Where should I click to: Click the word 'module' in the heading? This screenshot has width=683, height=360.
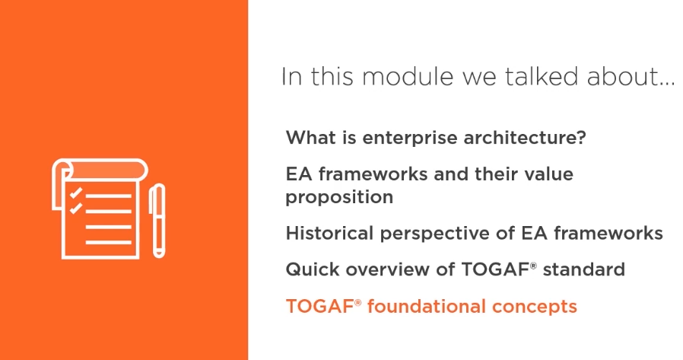click(408, 76)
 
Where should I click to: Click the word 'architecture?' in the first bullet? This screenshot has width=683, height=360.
click(525, 138)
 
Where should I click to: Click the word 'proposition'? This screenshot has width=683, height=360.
click(339, 197)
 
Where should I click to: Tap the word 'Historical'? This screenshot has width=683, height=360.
click(330, 233)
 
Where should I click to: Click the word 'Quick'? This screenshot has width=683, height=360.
click(313, 269)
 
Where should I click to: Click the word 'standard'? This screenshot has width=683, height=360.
click(583, 269)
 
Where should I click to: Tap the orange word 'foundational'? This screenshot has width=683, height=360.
click(426, 307)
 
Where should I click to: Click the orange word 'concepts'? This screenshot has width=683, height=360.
click(535, 307)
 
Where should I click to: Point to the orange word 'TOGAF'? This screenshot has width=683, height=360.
click(319, 307)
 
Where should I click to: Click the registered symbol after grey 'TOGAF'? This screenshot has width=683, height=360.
click(534, 265)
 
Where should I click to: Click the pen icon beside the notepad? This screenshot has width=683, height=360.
click(157, 221)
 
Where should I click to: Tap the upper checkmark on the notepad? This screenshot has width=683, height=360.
click(76, 193)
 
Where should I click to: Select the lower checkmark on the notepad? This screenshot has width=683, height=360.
click(76, 208)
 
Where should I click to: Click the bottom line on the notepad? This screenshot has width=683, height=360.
click(109, 242)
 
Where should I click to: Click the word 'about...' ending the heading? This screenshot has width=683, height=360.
click(631, 76)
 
